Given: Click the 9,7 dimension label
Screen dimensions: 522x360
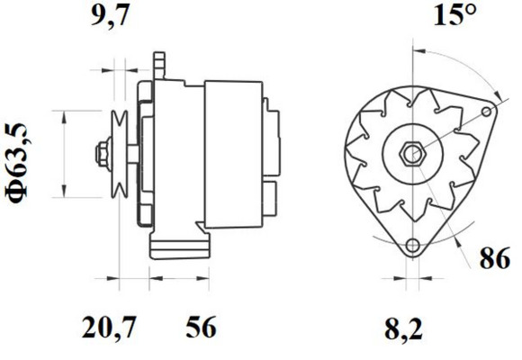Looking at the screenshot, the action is pos(110,15).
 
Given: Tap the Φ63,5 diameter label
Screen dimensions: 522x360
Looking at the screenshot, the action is pos(18,163).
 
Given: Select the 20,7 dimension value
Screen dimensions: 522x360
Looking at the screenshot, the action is pos(109,328).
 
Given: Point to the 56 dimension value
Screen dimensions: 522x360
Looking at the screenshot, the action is pos(201,327).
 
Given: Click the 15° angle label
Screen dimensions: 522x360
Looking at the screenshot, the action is pos(454,14).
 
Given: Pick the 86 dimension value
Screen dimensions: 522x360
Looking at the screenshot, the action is pos(495,258).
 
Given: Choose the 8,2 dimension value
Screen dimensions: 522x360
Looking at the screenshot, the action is pos(403,329).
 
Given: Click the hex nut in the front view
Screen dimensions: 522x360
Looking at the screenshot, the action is pos(412,154).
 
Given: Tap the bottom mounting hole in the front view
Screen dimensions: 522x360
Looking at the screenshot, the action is pos(413,246).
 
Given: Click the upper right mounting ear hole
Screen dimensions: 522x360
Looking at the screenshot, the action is pos(487,112).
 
